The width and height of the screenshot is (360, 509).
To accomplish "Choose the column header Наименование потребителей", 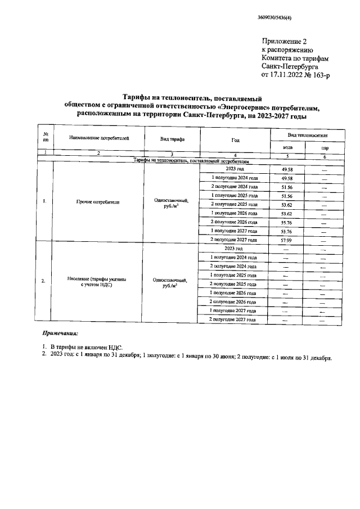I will [98, 137].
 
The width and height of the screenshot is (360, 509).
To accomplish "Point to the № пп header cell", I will [44, 138].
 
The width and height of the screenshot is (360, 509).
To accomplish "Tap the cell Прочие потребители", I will [98, 201].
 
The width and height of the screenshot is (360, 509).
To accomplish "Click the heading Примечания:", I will [62, 334].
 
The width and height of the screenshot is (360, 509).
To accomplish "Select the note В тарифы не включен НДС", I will [87, 349].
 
